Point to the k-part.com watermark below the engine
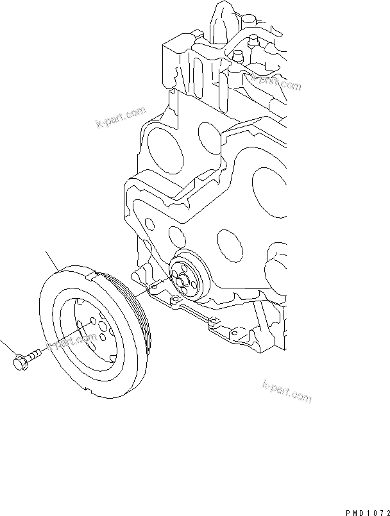pos(287,392)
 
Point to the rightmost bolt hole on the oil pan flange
pos(216,324)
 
